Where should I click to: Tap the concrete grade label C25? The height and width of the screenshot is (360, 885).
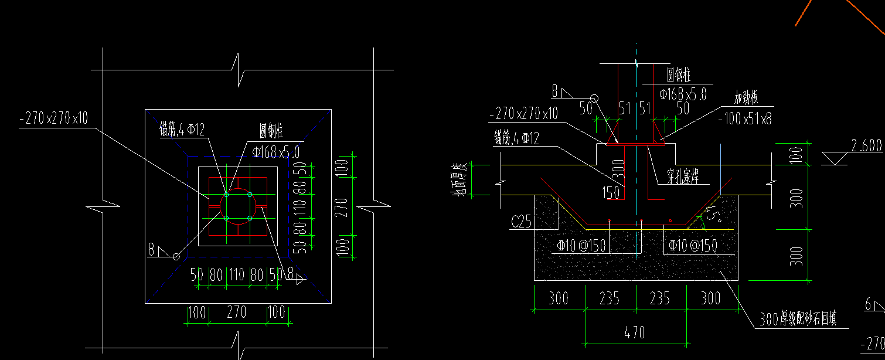(522, 222)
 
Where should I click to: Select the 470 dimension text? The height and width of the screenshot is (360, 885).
(634, 333)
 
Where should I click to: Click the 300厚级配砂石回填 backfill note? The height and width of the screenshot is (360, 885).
(798, 320)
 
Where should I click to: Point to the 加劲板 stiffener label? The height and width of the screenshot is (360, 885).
(746, 97)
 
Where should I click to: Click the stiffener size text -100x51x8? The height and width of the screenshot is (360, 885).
(745, 119)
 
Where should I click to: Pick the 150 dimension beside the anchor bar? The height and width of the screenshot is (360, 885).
(611, 192)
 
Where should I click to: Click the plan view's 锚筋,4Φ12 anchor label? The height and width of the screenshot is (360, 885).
(182, 129)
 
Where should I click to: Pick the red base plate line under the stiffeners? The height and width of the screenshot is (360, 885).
(635, 144)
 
